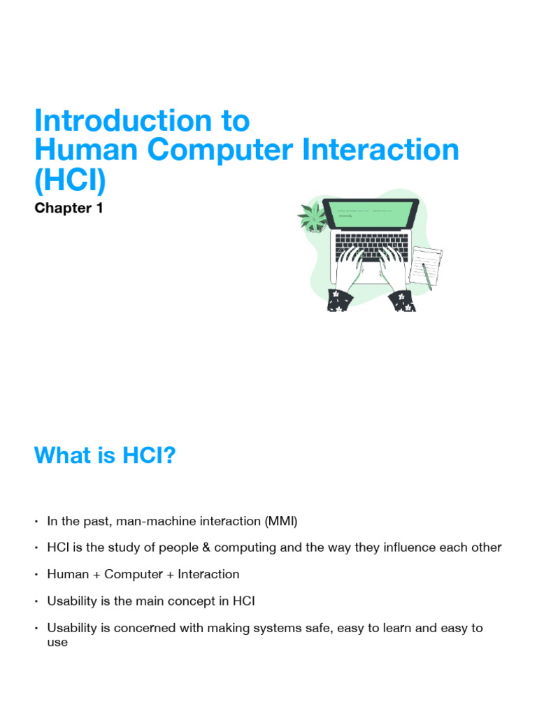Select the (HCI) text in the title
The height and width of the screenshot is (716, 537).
(70, 180)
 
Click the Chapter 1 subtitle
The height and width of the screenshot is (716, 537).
(69, 208)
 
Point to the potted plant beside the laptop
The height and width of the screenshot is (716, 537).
(312, 217)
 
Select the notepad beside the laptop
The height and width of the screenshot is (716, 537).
(427, 266)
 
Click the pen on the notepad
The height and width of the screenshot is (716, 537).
(427, 275)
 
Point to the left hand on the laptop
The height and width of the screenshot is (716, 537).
(353, 269)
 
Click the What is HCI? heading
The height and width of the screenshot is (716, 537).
(105, 455)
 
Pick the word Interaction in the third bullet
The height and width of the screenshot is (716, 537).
(208, 574)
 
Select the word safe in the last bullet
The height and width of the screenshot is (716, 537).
(319, 628)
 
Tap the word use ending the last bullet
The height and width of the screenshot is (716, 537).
(57, 642)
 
